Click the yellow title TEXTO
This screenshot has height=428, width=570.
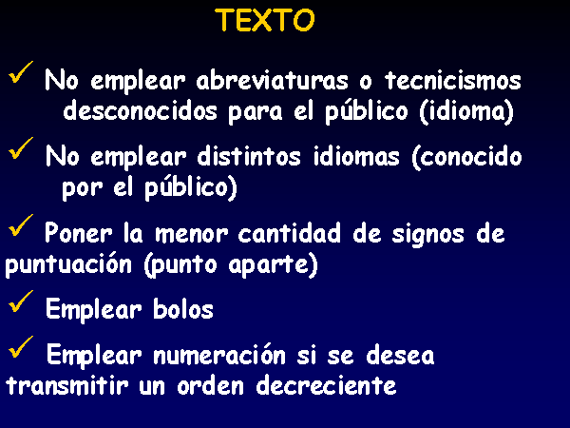[265, 20]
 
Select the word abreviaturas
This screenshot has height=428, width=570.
[272, 80]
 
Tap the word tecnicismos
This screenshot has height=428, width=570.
[453, 80]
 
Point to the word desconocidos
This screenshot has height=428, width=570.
[141, 110]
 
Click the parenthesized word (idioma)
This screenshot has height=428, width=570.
[466, 111]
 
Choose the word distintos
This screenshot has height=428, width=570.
[249, 156]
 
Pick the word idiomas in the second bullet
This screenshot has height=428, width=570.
[356, 156]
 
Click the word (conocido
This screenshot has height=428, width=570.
[467, 157]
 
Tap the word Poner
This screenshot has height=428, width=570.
[79, 233]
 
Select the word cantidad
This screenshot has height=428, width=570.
[290, 233]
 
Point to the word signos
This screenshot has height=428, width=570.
[428, 235]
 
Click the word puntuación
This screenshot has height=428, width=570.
[68, 264]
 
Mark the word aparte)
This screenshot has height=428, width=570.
[274, 265]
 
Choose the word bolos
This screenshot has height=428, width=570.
[183, 309]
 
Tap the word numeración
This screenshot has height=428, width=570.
[219, 354]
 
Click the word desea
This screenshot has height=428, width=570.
[400, 355]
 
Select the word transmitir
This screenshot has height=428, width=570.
[67, 385]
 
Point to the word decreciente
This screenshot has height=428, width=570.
[327, 385]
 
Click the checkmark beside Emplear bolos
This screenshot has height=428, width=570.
[21, 302]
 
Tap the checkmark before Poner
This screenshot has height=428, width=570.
[21, 225]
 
